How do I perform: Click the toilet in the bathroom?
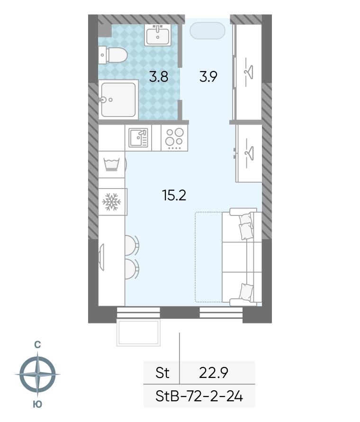coord(113,55)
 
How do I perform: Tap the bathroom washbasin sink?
coord(158,35)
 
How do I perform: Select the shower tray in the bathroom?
coord(118,99)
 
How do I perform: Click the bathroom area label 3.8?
coord(159,77)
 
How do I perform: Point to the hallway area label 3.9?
coord(208,77)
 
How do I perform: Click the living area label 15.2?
coord(174,195)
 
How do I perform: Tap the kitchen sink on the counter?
coord(138,137)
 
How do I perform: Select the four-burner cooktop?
coord(174,138)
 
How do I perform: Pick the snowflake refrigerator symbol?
coord(111,202)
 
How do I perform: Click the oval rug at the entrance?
coord(207,31)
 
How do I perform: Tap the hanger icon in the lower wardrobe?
coord(249,153)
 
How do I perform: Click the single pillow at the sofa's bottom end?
coord(246,292)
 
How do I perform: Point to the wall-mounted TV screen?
coord(102,257)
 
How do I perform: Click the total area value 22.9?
coord(214,373)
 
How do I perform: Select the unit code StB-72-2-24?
coord(199,396)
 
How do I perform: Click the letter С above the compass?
coord(37,344)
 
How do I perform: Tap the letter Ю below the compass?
coord(37,404)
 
